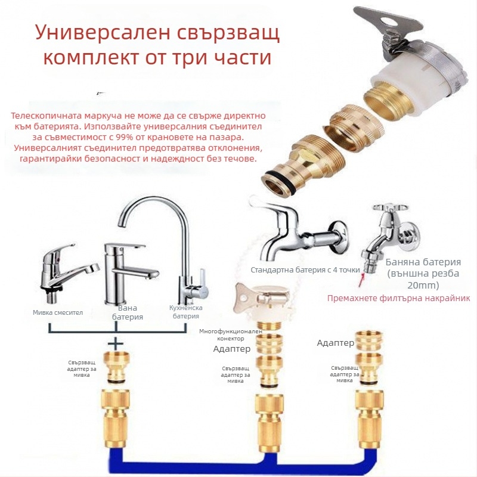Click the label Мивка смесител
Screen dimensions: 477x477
tap(58, 312)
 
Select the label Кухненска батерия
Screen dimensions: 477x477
tap(186, 312)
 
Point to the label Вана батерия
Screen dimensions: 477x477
tap(128, 312)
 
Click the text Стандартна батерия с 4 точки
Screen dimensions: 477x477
tap(305, 270)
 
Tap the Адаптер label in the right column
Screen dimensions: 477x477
tap(335, 343)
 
